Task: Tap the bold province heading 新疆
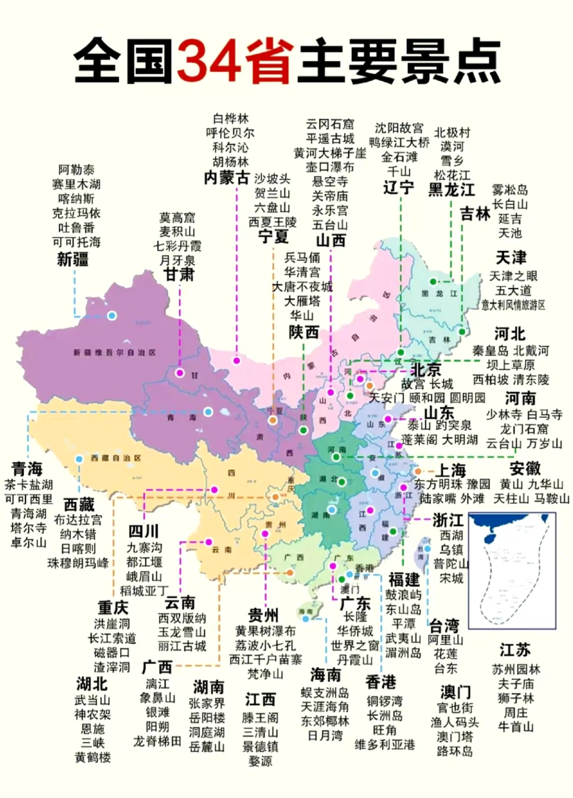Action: [73, 259]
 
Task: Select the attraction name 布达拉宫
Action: [78, 520]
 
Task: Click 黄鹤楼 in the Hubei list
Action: [93, 757]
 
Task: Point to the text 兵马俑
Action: [302, 258]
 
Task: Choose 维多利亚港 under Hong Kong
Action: [385, 744]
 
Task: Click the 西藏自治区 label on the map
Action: [115, 458]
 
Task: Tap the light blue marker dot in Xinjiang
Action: [112, 315]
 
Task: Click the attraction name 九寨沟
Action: [144, 547]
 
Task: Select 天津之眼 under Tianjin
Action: [513, 276]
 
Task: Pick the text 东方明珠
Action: [438, 484]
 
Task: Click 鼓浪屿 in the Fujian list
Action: [403, 595]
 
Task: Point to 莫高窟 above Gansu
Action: [177, 218]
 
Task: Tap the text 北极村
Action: [452, 132]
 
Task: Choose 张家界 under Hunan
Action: [207, 703]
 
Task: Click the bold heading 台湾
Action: [444, 625]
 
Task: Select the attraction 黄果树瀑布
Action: [265, 631]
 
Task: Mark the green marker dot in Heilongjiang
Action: [433, 281]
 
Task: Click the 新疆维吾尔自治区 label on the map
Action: [115, 353]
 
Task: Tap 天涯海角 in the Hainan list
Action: [325, 707]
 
